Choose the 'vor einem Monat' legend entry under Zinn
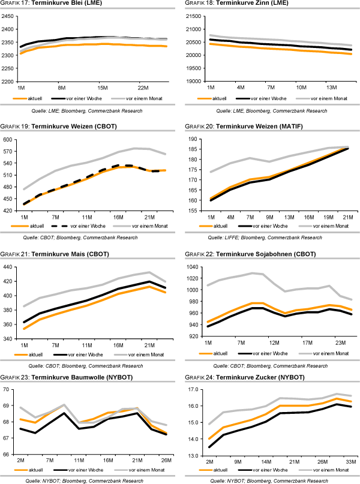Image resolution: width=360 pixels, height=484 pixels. pyautogui.click(x=322, y=97)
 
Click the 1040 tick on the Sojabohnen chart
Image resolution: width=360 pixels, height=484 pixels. pyautogui.click(x=193, y=267)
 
